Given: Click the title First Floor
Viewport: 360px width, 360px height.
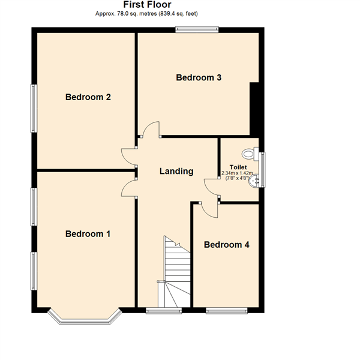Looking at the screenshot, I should point(146,4).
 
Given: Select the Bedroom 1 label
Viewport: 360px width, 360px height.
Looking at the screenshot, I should point(88,234).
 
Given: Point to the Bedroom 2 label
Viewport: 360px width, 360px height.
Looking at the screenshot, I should point(88,97).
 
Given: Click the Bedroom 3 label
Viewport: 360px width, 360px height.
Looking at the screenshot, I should point(199,77).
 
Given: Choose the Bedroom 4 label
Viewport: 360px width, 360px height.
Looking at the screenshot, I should point(226,245).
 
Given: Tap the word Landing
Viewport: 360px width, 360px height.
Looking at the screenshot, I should point(176,171).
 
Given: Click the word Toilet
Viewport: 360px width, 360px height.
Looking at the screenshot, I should point(238,167).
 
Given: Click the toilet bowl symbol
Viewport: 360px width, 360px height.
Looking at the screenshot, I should point(251,154).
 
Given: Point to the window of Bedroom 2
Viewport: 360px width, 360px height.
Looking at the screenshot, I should point(34,108).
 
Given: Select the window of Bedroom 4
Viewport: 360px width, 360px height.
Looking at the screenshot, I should point(226,311).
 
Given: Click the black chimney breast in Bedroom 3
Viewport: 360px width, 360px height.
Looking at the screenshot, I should point(256,108).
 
